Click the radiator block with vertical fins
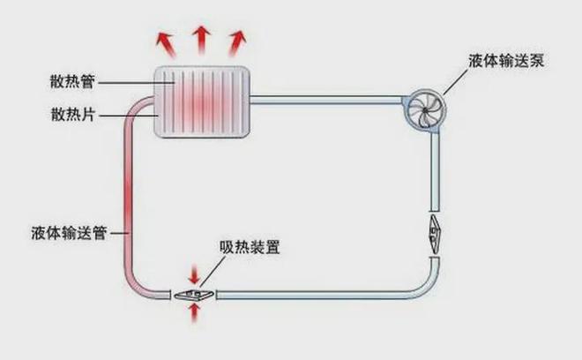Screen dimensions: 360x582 [x=202, y=101]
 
